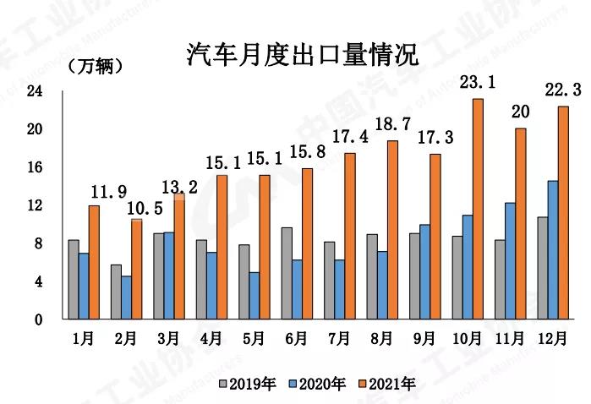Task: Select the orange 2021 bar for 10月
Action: coord(478,209)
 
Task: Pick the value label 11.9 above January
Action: coord(106,190)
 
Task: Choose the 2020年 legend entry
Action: coord(320,385)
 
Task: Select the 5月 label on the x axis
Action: coord(253,340)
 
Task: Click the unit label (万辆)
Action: coord(94,65)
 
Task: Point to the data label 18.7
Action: coord(391,124)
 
